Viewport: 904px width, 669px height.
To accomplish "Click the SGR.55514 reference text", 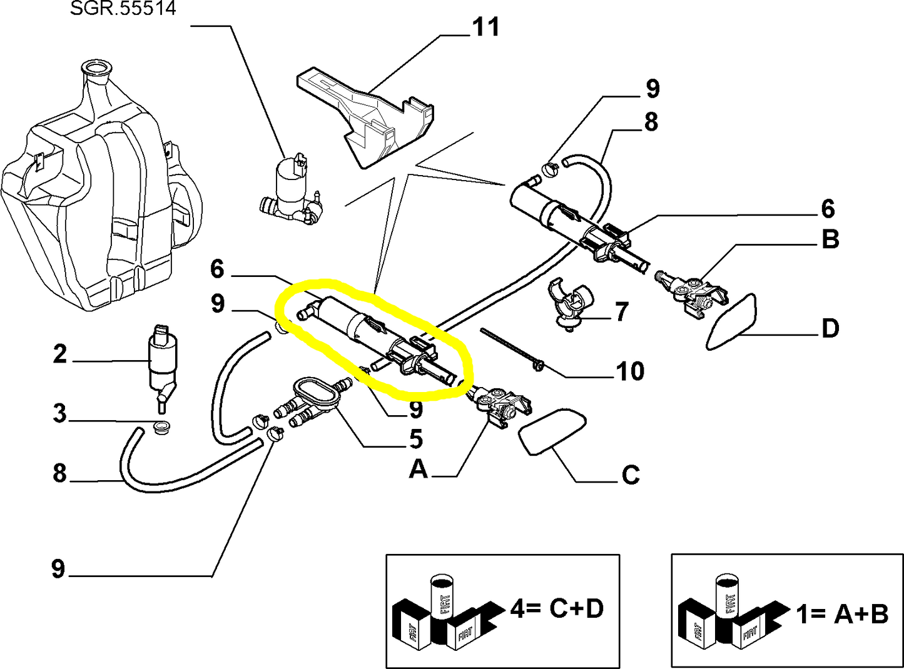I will [123, 8].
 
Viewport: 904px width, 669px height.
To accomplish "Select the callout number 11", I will [485, 28].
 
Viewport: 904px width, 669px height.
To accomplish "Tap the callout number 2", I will [59, 355].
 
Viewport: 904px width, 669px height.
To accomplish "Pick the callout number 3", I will [59, 413].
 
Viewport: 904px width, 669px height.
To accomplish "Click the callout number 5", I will [415, 440].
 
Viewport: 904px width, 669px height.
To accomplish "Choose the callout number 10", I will [629, 371].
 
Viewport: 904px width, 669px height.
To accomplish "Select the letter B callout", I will [830, 239].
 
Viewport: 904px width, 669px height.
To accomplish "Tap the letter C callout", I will [631, 475].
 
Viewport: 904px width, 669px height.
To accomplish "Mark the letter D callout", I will [830, 329].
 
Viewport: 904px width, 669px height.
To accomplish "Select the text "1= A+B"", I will [842, 614].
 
